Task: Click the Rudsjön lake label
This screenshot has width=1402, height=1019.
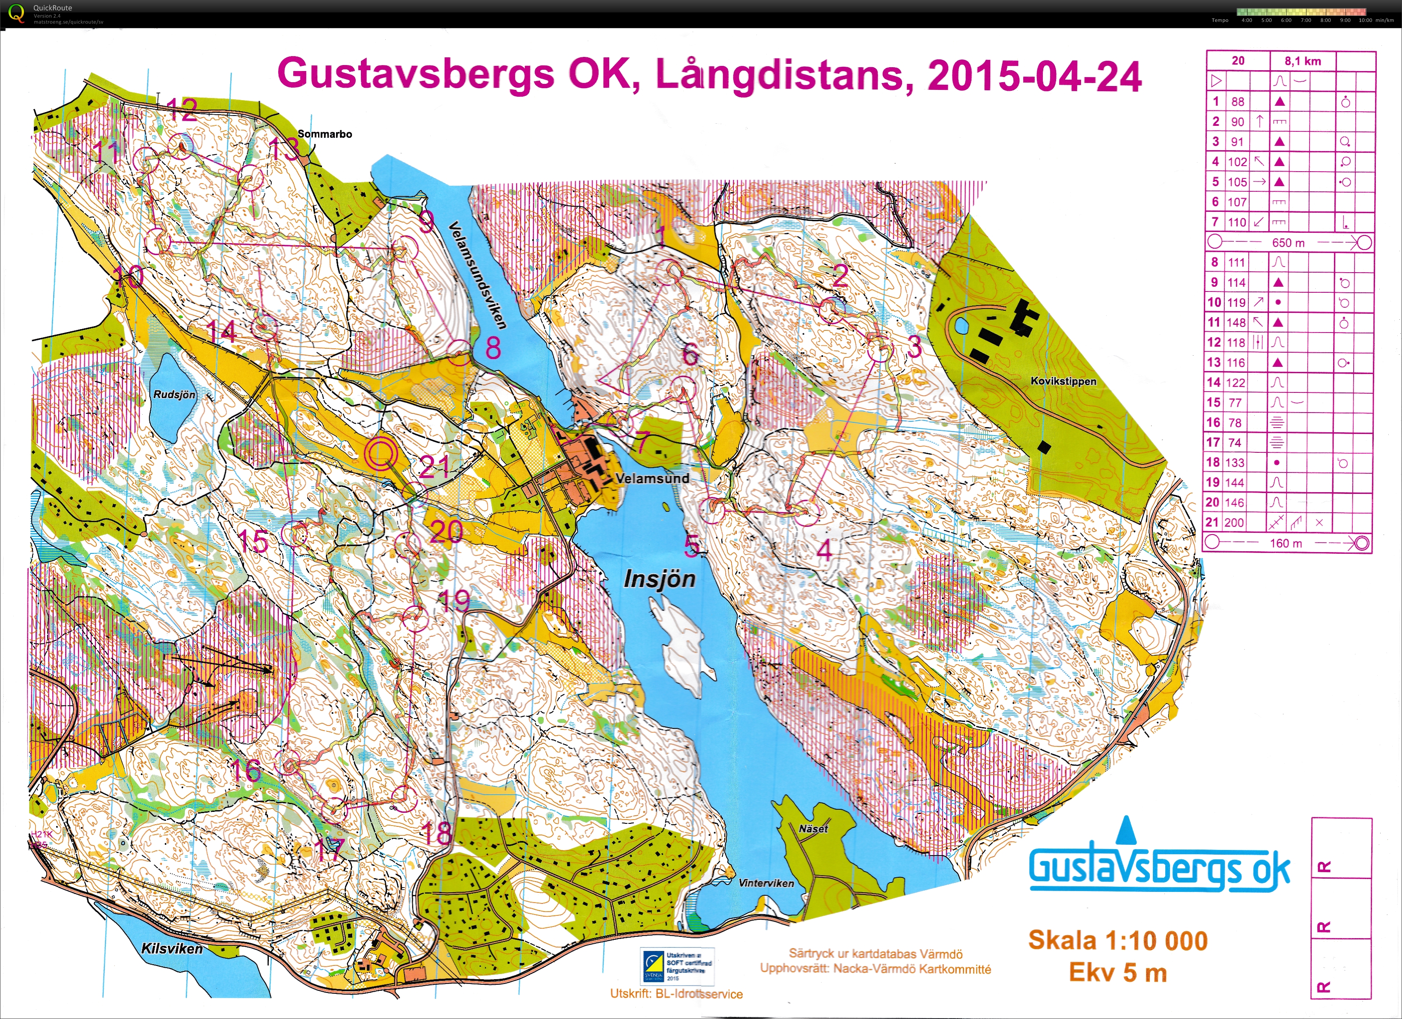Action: (x=174, y=395)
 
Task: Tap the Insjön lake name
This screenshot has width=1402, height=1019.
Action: (x=660, y=579)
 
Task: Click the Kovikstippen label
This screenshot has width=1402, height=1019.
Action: (x=1063, y=381)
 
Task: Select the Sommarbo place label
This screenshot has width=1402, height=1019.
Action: (x=324, y=134)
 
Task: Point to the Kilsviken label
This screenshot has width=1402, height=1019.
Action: (x=172, y=948)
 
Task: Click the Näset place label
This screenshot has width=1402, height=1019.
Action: (x=813, y=829)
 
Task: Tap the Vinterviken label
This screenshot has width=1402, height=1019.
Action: (x=766, y=883)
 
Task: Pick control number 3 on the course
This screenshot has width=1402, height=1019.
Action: (x=880, y=349)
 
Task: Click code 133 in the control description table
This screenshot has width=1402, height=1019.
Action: (x=1235, y=462)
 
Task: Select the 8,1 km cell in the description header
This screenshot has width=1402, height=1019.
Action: (x=1303, y=61)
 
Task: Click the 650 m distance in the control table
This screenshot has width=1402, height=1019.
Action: (x=1288, y=243)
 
